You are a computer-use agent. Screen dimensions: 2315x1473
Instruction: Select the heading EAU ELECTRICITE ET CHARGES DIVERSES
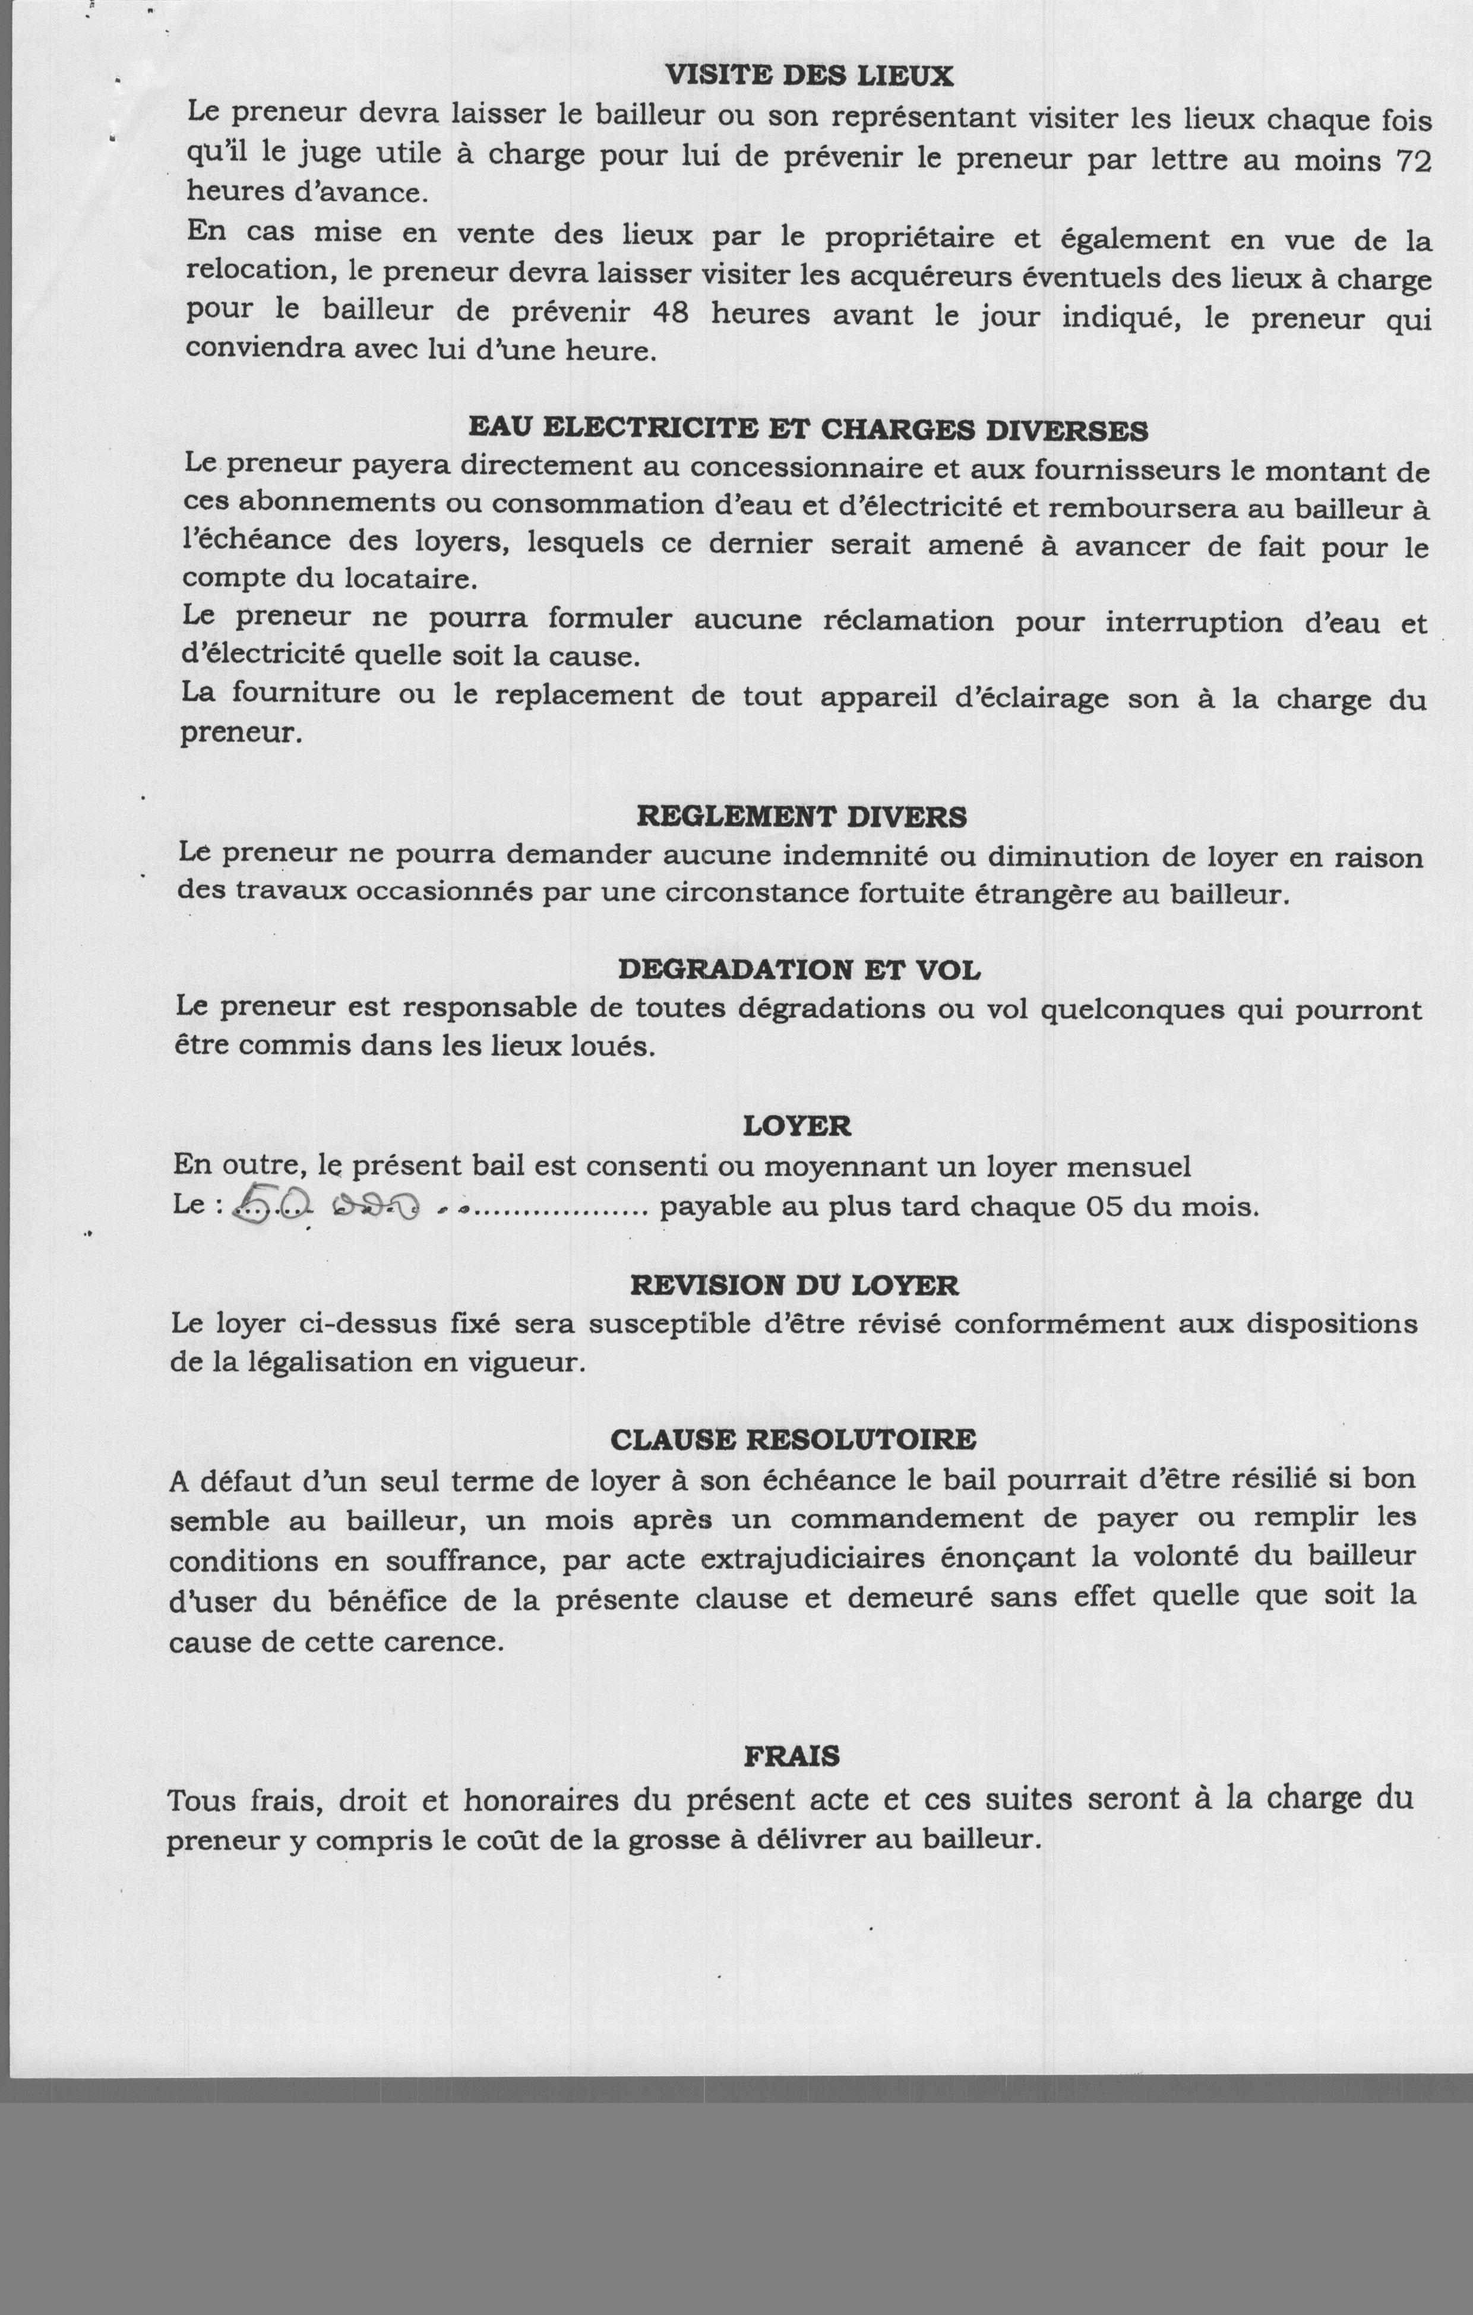coord(808,429)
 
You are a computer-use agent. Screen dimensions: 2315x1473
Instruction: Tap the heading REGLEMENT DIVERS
coord(802,817)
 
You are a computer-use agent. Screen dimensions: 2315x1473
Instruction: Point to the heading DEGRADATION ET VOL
coord(799,970)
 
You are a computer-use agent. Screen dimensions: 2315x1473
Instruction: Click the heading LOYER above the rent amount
coord(797,1126)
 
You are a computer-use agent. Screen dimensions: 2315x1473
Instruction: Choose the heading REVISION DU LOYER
coord(794,1286)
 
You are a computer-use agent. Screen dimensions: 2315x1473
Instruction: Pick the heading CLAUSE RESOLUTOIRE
coord(794,1439)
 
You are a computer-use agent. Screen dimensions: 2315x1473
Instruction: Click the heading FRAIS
coord(791,1757)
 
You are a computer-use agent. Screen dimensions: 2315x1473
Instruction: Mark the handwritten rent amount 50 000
coord(327,1205)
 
